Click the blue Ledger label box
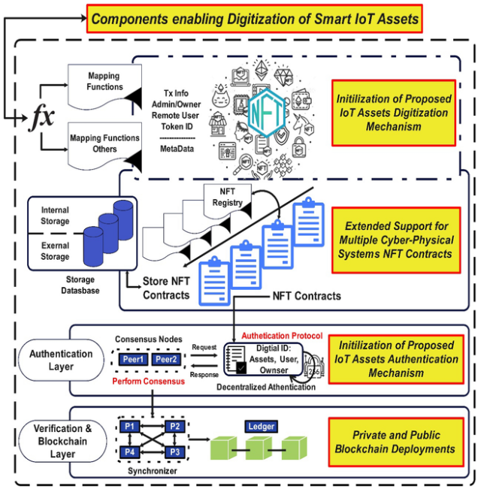(260, 427)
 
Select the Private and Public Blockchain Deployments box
(397, 442)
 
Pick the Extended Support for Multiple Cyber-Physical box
(397, 240)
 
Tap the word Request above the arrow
(204, 349)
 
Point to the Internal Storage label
(55, 216)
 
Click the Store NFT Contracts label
(167, 289)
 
